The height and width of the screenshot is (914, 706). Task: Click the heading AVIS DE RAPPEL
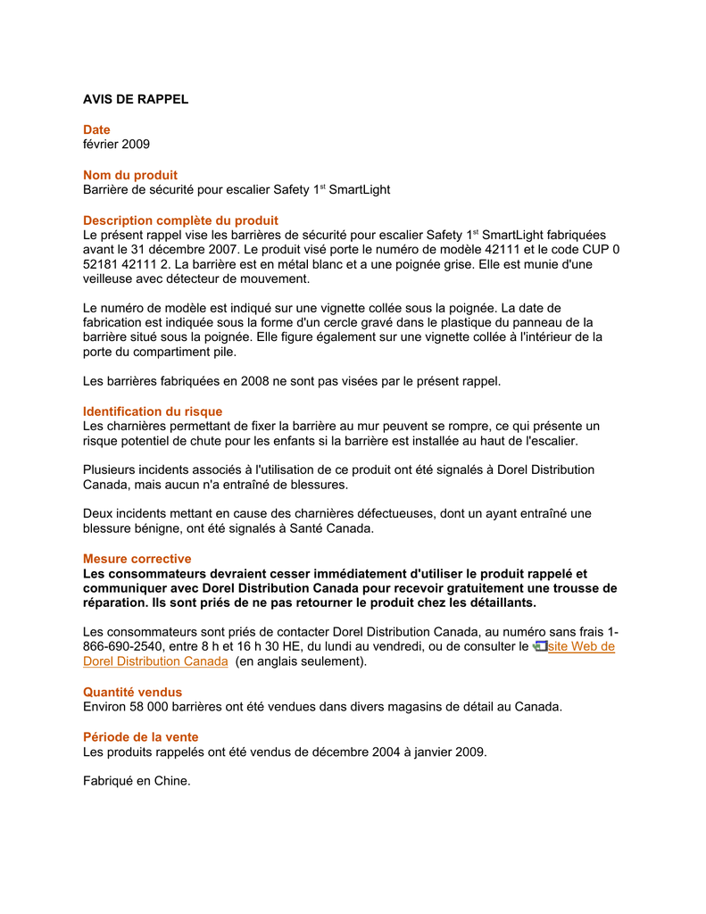coord(136,99)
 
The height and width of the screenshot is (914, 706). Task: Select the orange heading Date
coord(96,129)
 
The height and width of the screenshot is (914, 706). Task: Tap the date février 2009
coord(116,144)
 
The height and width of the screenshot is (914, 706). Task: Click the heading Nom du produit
coord(130,175)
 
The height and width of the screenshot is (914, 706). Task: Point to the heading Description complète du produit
coord(180,220)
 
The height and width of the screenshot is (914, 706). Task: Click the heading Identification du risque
coord(153,411)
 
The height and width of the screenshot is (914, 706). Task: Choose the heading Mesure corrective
coord(137,559)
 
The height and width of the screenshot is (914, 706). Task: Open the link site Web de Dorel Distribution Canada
coord(581,647)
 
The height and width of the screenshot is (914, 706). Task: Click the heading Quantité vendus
coord(132,692)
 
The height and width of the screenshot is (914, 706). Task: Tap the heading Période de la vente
coord(141,737)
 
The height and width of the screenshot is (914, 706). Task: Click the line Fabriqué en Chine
coord(137,781)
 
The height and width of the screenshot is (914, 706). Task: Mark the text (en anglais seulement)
coord(301,661)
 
